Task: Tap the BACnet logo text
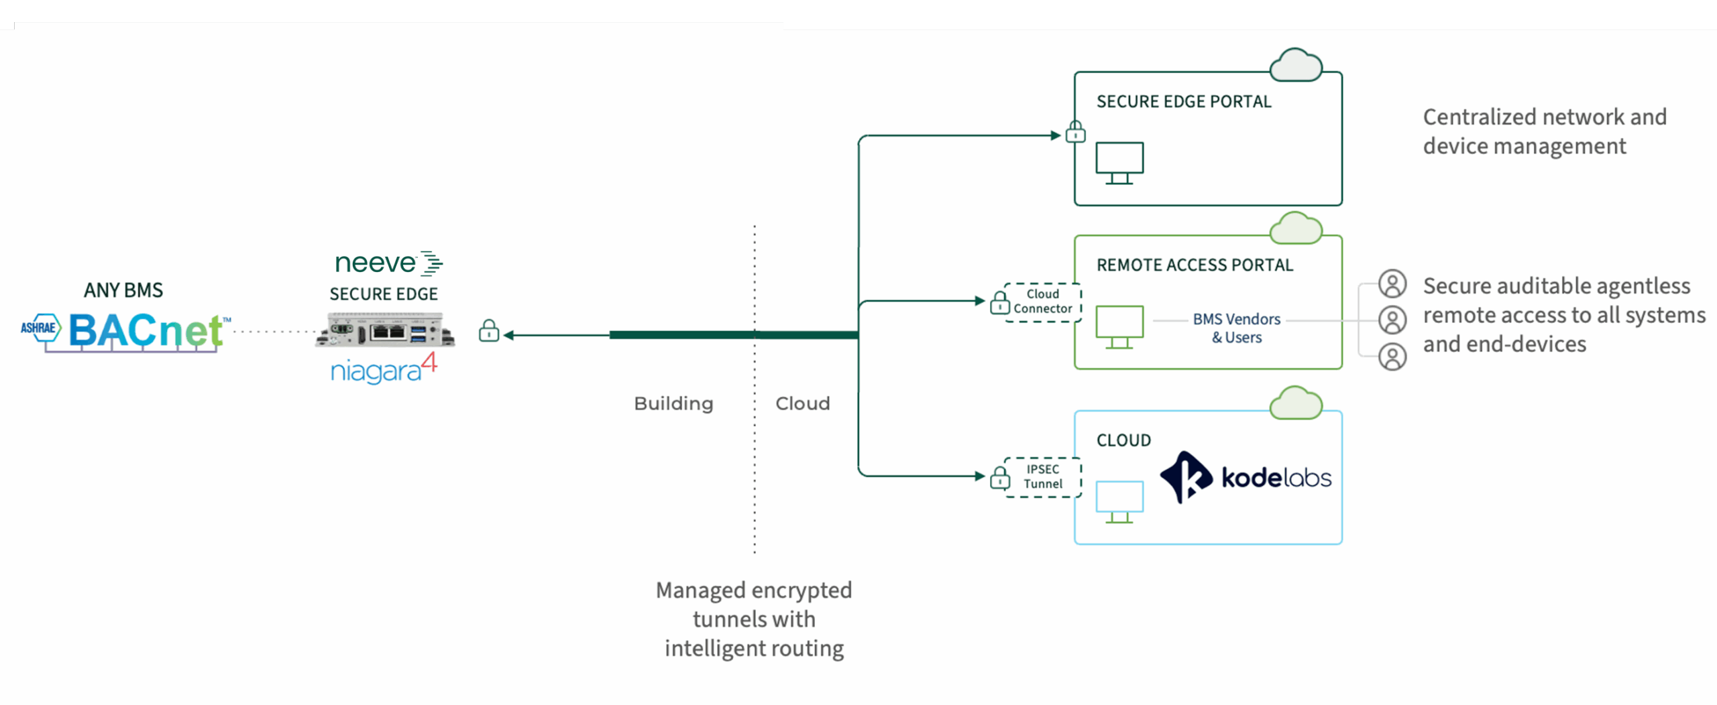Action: [x=146, y=330]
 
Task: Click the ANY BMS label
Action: [x=123, y=290]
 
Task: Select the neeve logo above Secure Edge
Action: [x=388, y=263]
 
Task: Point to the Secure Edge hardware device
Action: [x=385, y=330]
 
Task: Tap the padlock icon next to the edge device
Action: [x=489, y=331]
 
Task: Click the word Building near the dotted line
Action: [x=673, y=403]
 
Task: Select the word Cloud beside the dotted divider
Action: [x=802, y=403]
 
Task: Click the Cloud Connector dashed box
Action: [x=1042, y=302]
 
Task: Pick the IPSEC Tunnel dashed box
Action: [x=1042, y=476]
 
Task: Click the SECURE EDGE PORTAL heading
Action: [x=1184, y=102]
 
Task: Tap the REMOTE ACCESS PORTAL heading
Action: [x=1195, y=265]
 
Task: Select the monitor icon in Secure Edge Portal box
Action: [x=1119, y=163]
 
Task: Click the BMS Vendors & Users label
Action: [x=1236, y=328]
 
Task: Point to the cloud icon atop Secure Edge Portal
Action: [x=1296, y=66]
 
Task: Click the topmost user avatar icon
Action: [x=1392, y=284]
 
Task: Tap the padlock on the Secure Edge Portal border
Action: [x=1075, y=131]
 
